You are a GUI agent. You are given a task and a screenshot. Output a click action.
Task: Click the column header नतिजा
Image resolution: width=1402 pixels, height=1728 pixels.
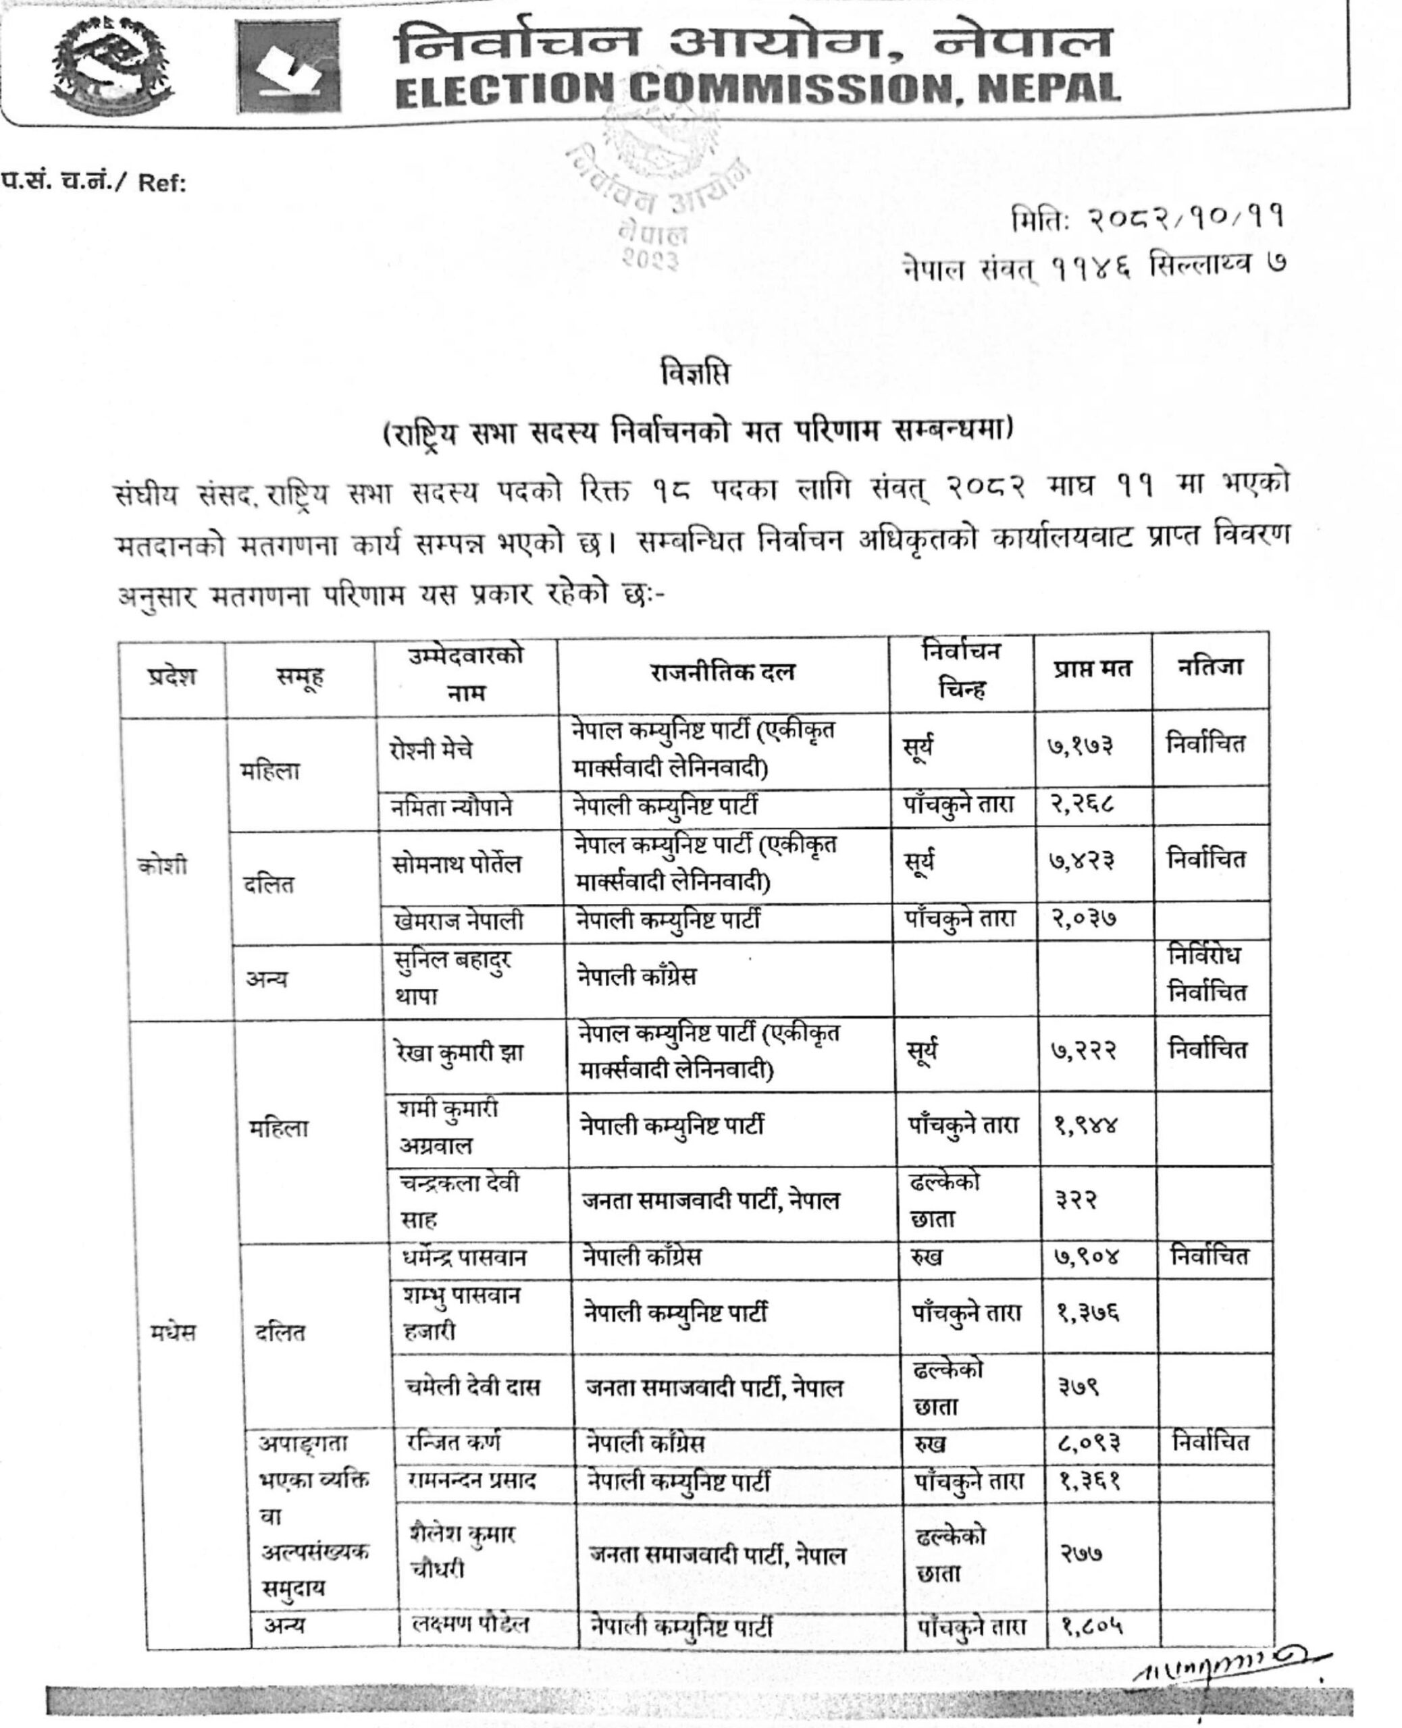(x=1209, y=668)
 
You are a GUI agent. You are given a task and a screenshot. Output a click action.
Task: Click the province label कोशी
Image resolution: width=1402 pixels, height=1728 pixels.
(x=162, y=866)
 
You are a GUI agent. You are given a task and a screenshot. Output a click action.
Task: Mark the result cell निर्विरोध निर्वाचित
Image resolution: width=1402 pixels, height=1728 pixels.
(x=1207, y=974)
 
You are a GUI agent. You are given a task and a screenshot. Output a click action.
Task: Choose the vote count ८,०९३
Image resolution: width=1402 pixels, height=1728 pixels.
(x=1089, y=1442)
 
